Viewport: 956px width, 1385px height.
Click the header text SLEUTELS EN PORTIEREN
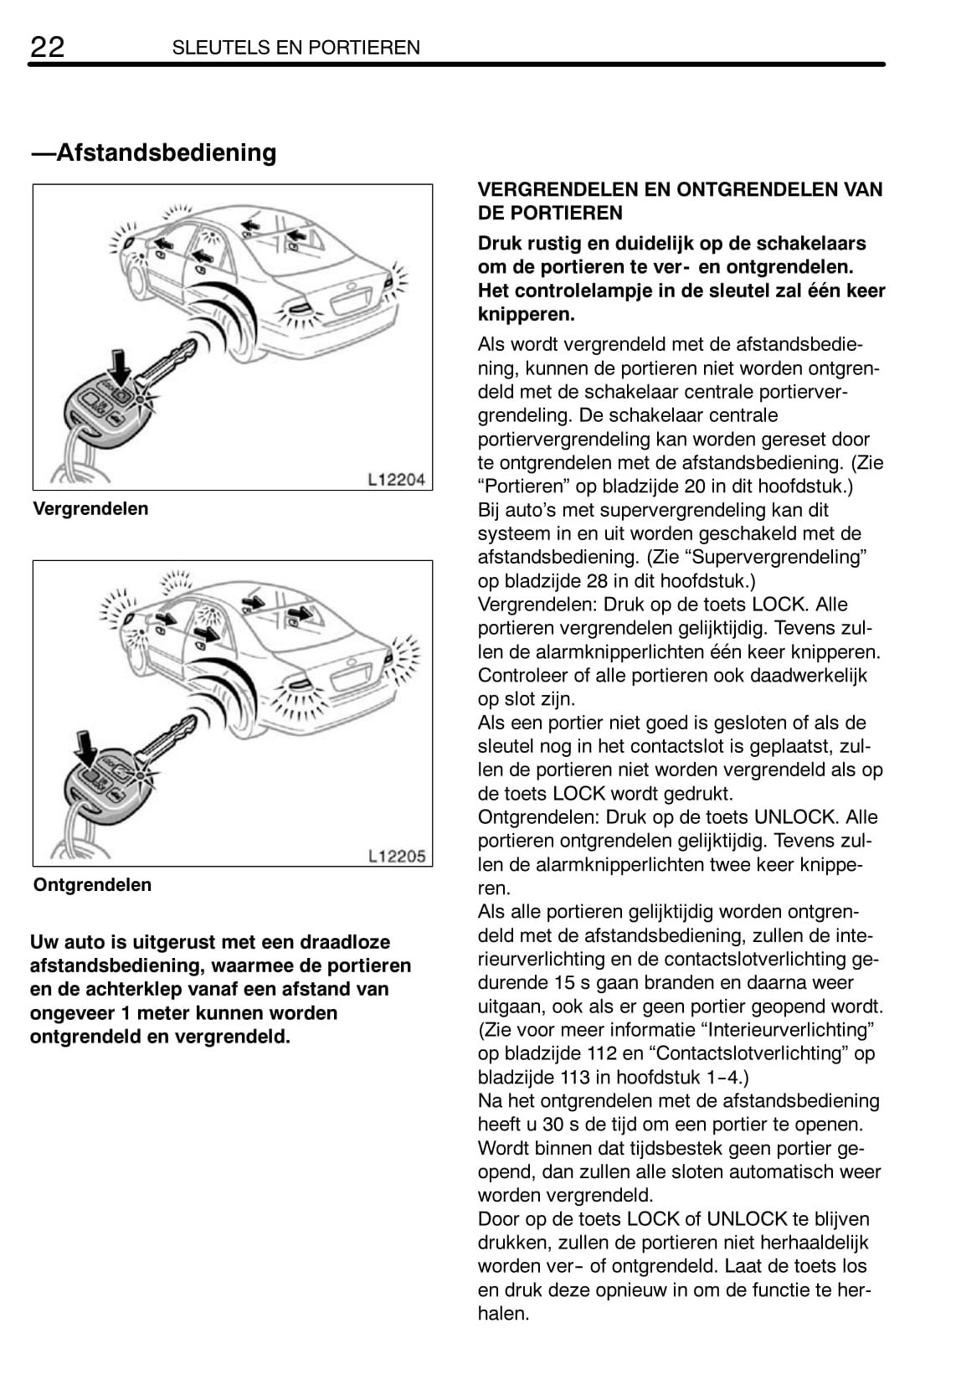tap(296, 48)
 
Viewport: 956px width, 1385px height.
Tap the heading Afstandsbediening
tap(154, 152)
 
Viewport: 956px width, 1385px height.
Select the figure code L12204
tap(397, 480)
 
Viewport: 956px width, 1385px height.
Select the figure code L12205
tap(397, 856)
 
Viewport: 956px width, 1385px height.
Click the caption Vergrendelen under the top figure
tap(90, 508)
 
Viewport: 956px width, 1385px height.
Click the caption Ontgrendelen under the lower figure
tap(92, 885)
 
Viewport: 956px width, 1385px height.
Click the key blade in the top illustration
tap(172, 361)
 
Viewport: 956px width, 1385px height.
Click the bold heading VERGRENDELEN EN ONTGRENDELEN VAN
tap(680, 189)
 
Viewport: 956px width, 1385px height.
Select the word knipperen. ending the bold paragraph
tap(514, 315)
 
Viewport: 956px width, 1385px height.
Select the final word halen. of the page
tap(503, 1314)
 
